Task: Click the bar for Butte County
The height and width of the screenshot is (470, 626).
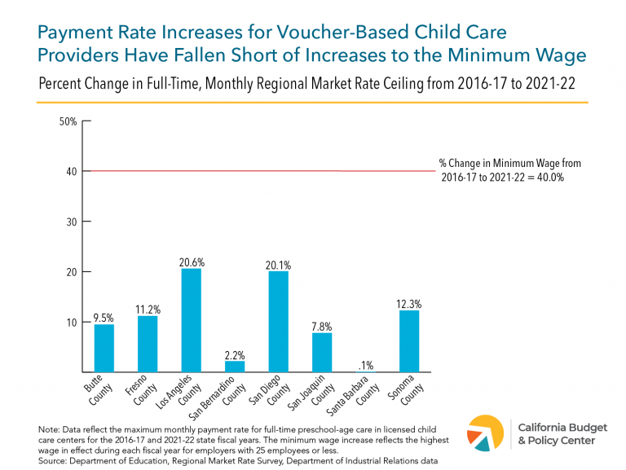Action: point(104,349)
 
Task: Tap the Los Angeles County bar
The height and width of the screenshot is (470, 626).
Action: point(191,321)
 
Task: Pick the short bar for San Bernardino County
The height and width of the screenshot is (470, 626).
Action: point(235,367)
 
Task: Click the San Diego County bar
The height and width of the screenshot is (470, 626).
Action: point(278,322)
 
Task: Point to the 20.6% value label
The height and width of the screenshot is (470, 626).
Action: point(192,262)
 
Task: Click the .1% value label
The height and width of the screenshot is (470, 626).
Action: point(365,365)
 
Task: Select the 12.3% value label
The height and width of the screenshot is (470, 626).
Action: point(408,304)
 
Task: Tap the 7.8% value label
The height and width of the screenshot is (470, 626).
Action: point(321,327)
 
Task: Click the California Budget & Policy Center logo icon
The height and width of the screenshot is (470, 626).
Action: point(487,432)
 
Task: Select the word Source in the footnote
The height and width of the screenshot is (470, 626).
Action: point(53,461)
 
